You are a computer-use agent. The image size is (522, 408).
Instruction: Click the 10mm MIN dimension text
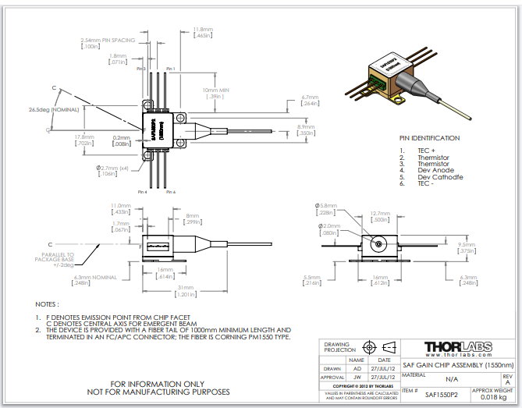(x=215, y=90)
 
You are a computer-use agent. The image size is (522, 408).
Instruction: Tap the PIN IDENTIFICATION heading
(x=429, y=137)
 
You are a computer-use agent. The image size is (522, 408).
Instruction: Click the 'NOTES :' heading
(x=47, y=303)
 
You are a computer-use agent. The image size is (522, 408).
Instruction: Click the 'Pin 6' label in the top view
(x=141, y=69)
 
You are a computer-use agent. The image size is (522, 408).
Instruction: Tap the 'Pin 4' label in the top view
(x=142, y=191)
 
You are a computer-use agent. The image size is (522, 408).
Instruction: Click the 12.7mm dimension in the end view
(x=380, y=213)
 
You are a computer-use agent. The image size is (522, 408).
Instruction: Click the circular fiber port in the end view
(x=379, y=244)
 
